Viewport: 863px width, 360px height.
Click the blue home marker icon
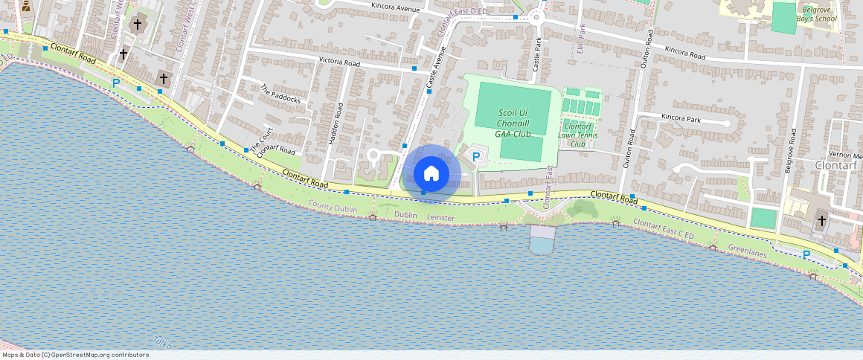[431, 173]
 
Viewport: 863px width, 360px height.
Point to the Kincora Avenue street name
[395, 9]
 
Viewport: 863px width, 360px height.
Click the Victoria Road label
[339, 62]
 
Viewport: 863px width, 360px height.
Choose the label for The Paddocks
[280, 94]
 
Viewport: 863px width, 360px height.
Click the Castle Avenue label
[435, 69]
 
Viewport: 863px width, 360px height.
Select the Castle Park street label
[536, 57]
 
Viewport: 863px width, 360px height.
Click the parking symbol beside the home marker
[476, 158]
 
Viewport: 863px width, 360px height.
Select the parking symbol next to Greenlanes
[806, 255]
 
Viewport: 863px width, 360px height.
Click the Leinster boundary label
[440, 217]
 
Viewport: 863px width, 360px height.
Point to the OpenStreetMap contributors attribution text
[75, 355]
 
